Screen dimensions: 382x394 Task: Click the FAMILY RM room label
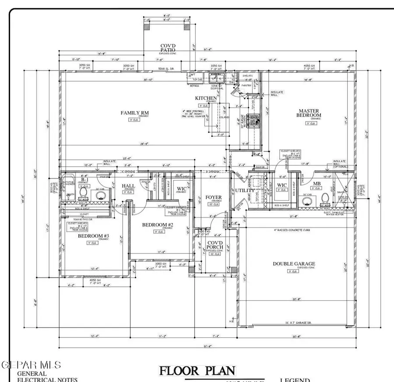[x=134, y=113]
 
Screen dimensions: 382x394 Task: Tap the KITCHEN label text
[x=206, y=98]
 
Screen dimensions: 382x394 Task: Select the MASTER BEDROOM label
[x=309, y=113]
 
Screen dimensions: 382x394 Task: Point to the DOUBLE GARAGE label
[x=294, y=264]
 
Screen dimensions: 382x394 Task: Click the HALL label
[x=128, y=186]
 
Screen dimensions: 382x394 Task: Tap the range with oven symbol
[x=253, y=119]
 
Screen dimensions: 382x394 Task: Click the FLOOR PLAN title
[x=197, y=371]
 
